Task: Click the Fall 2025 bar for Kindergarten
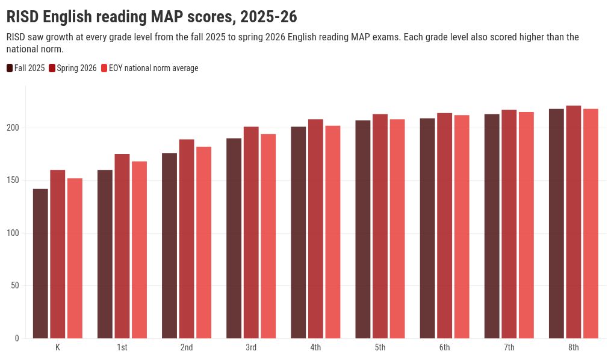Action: coord(40,264)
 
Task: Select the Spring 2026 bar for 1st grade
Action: coord(122,246)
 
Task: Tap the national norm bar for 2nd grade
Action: coord(203,243)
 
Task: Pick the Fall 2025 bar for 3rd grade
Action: coord(234,238)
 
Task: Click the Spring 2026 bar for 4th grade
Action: coord(315,229)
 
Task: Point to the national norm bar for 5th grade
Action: coord(397,229)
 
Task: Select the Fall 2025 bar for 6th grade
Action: coord(427,228)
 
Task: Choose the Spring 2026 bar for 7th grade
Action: coord(509,224)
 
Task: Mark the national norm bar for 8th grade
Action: coord(591,224)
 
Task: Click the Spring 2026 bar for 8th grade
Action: coord(573,222)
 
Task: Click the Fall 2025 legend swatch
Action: coord(10,68)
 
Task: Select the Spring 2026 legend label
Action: coord(76,68)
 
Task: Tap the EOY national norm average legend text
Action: coord(153,68)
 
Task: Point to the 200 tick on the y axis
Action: coord(13,128)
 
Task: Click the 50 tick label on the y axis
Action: coord(15,285)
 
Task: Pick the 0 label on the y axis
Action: coord(17,338)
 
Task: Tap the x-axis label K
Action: coord(58,347)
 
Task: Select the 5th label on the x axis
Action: coord(380,347)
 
